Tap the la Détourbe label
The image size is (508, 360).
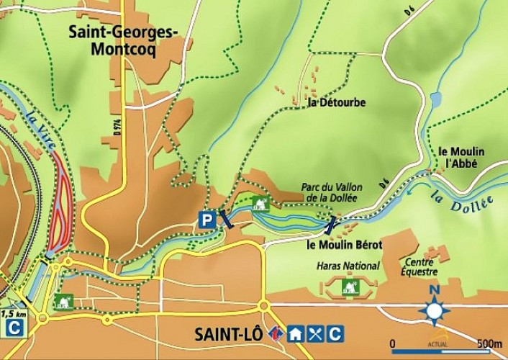(336, 103)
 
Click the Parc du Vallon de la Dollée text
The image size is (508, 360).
(332, 192)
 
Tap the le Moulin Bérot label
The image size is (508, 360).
(343, 245)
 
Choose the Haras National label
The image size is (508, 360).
(348, 266)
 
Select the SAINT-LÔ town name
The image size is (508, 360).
(228, 335)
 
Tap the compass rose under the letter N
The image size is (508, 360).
(435, 312)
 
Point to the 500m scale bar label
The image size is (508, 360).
(489, 343)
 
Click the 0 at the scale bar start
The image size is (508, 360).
(393, 343)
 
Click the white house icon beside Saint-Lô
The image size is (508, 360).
(295, 334)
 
